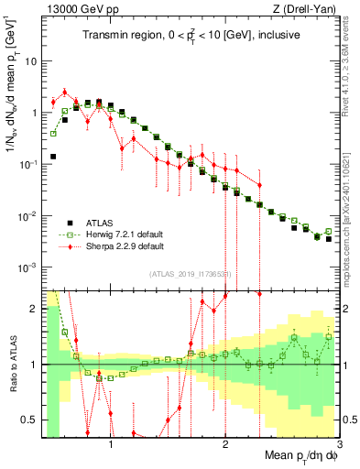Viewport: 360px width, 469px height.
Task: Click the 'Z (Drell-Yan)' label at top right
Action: click(307, 9)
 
